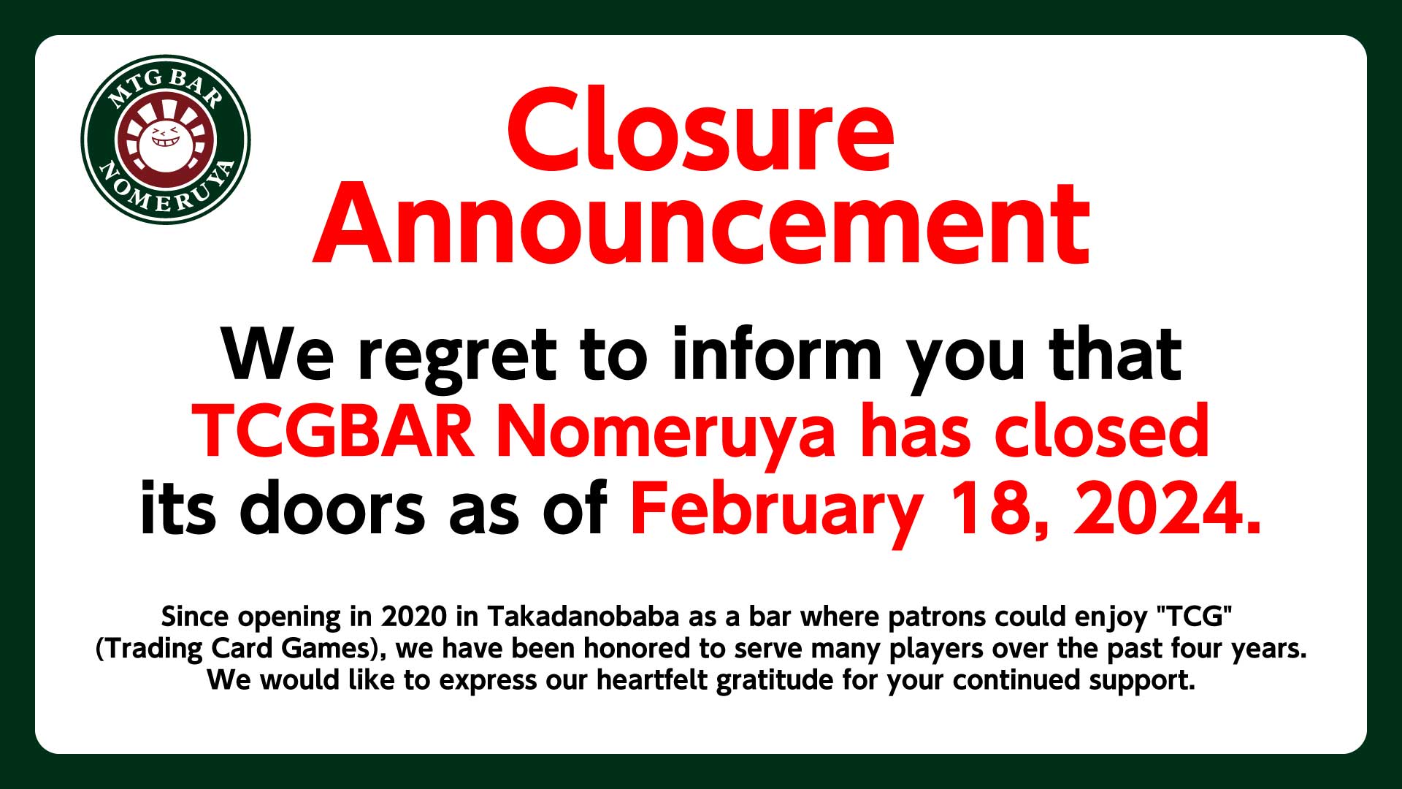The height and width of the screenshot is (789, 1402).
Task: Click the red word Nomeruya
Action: coord(665,434)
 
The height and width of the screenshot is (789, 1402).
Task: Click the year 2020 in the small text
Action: coord(414,617)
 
